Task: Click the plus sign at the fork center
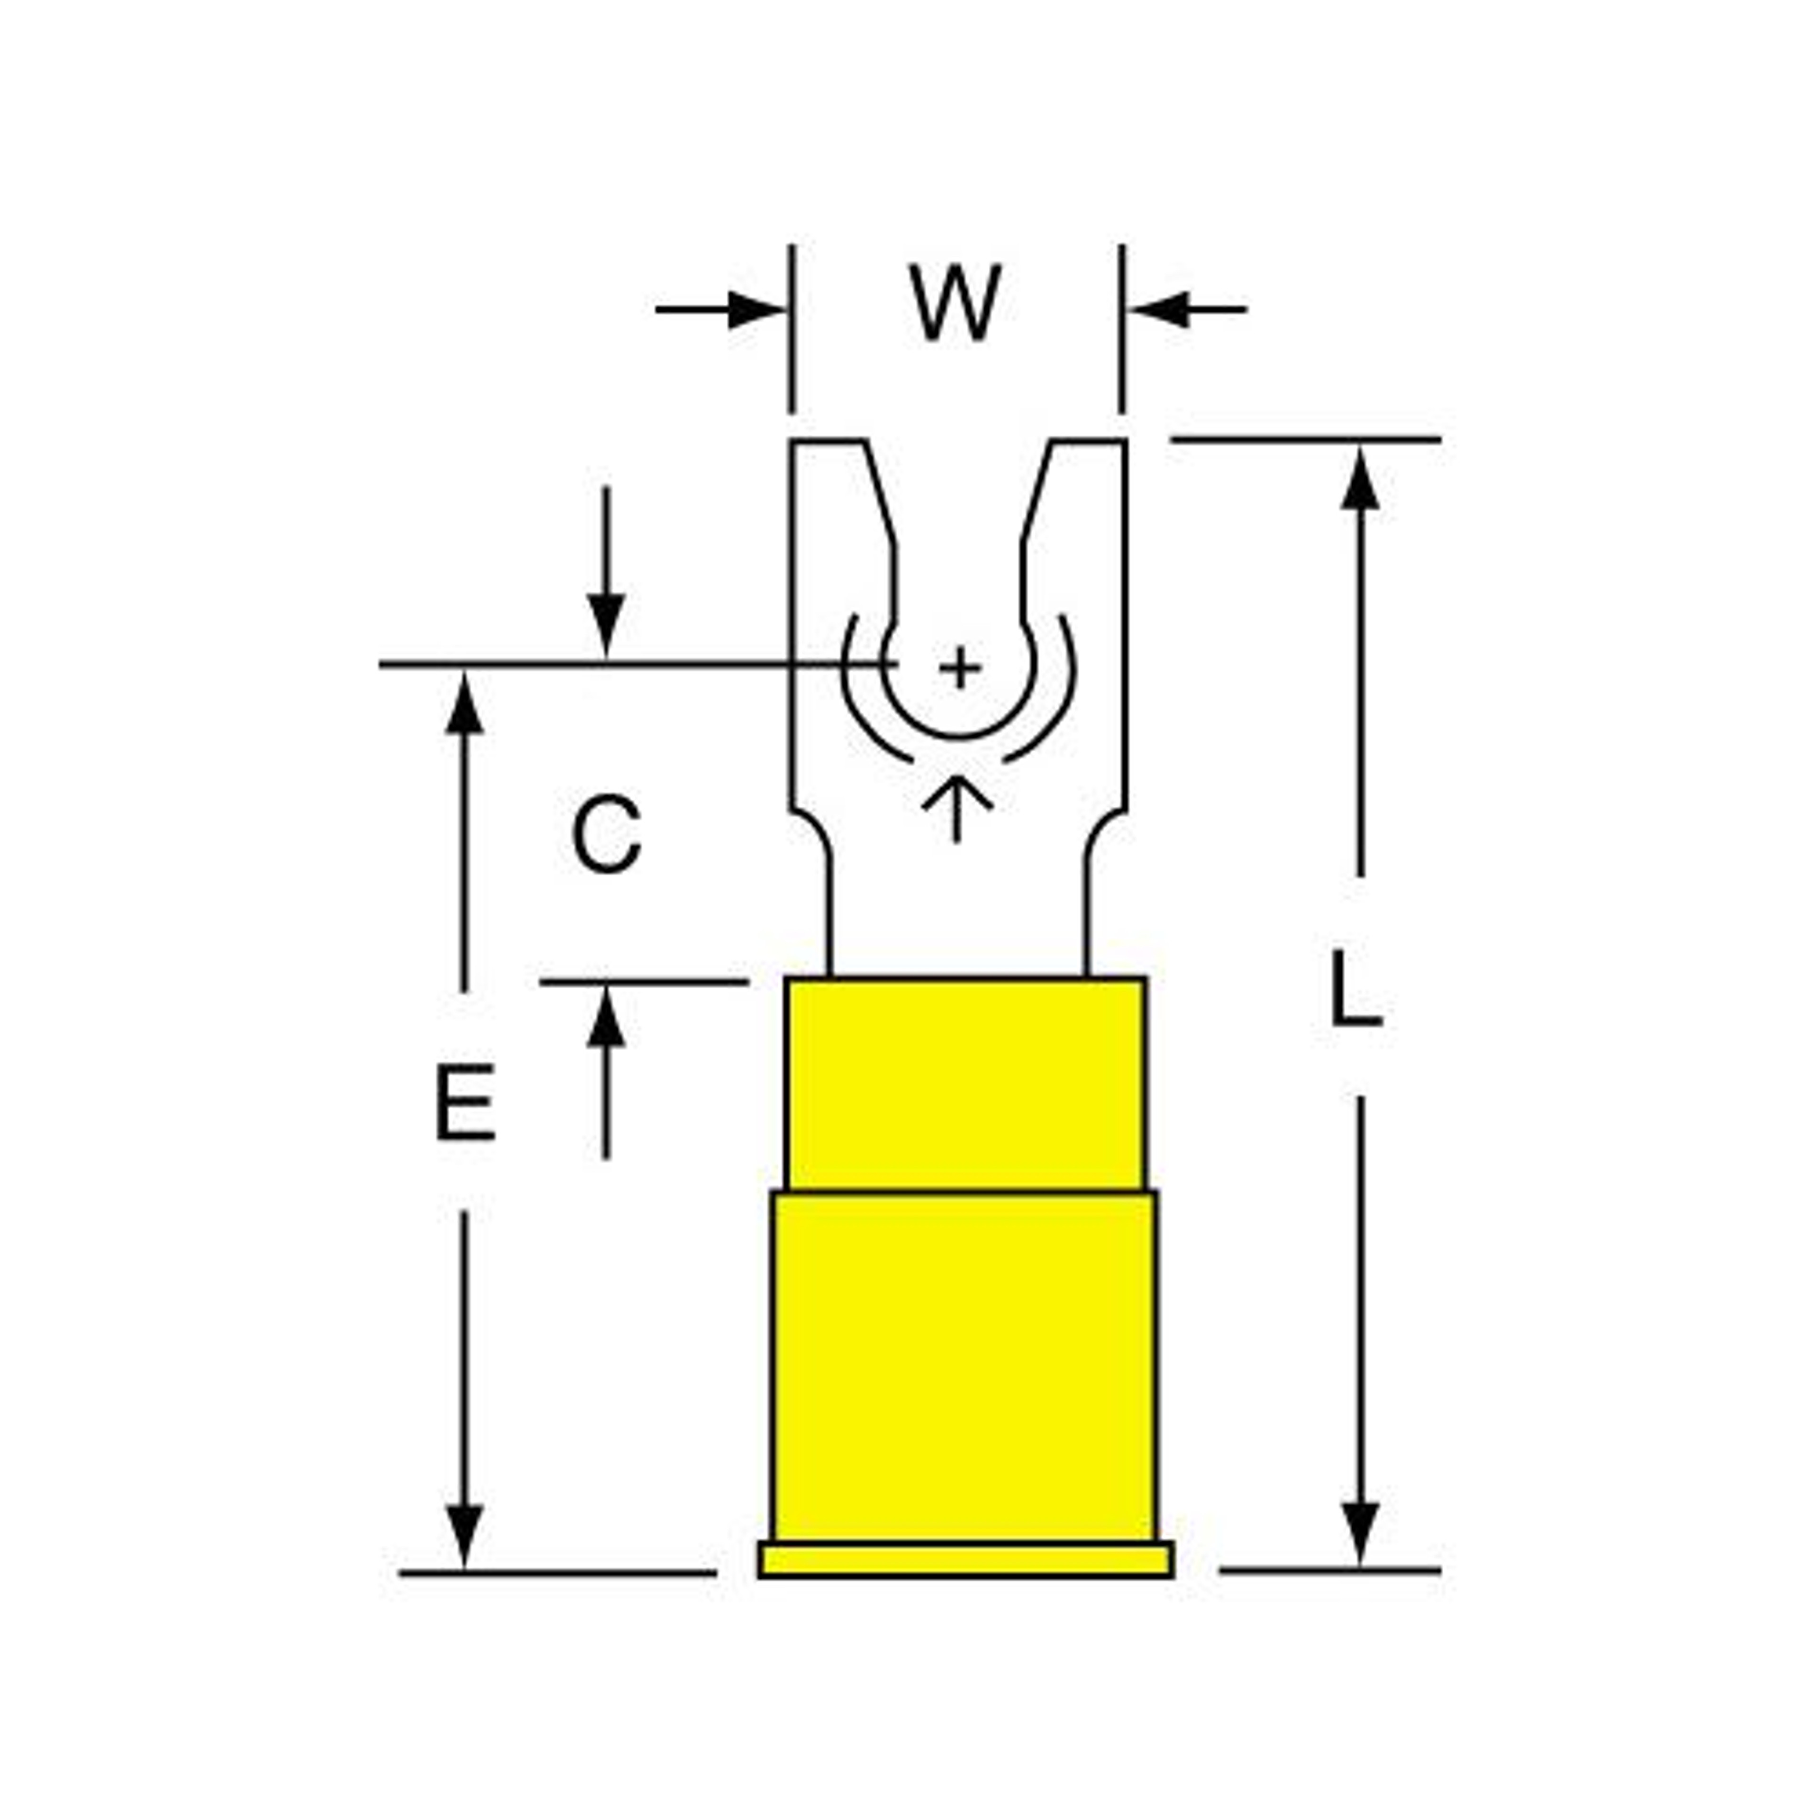(x=960, y=669)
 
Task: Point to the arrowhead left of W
(x=756, y=309)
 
